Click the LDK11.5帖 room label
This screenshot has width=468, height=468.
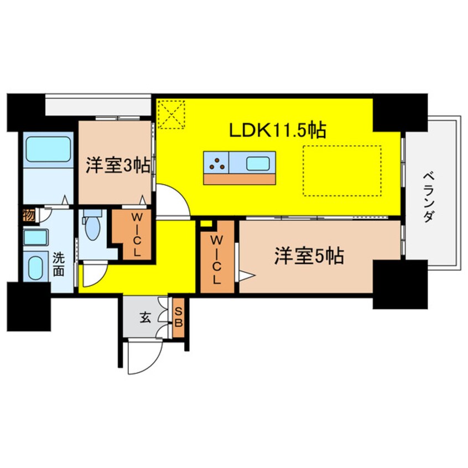(277, 130)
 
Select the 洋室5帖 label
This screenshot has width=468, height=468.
(309, 256)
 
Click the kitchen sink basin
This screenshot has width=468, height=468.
(258, 163)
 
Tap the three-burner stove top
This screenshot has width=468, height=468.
(216, 163)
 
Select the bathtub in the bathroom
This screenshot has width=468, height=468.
(48, 149)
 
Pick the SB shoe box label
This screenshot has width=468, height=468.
(179, 318)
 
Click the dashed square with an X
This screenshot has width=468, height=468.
(171, 115)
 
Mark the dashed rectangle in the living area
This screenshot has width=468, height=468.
(342, 171)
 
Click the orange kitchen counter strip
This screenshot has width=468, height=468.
(240, 179)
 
